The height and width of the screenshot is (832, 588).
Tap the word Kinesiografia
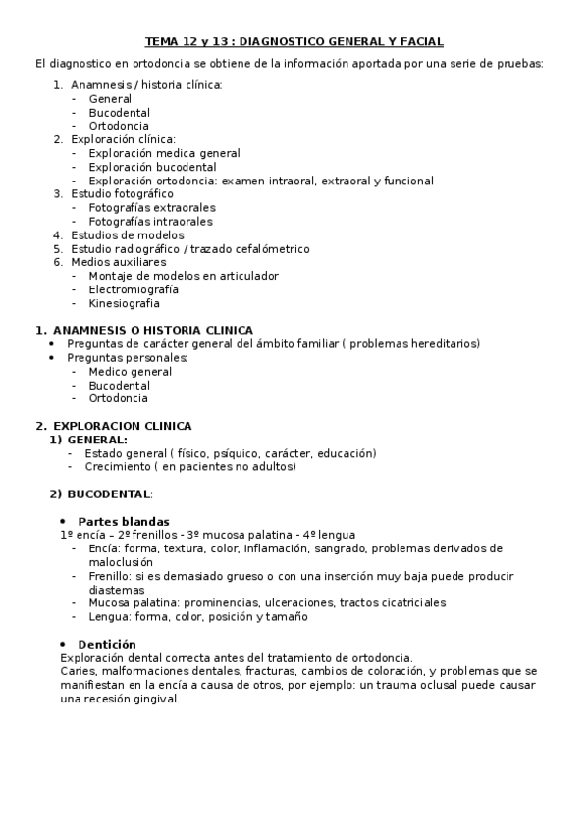point(124,303)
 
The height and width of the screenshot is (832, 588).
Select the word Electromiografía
point(134,289)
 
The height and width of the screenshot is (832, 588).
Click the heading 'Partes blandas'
point(124,521)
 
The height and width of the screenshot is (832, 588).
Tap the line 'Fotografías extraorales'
point(152,208)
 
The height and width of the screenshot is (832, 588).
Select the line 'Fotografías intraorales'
point(151,222)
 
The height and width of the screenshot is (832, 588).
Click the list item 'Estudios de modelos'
point(127,235)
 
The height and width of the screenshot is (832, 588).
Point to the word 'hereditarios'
point(447,344)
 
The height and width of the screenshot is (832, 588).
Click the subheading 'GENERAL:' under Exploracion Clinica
point(97,440)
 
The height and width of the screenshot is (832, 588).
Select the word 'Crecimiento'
point(118,467)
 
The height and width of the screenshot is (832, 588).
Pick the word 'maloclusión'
point(121,562)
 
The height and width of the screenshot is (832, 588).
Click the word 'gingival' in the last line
point(155,699)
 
